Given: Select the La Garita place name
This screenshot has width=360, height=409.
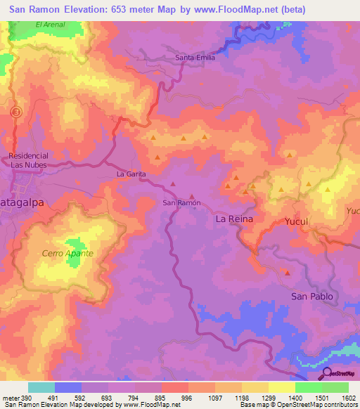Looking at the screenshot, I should point(131,172).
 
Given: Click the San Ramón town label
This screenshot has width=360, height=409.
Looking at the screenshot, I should point(182,202).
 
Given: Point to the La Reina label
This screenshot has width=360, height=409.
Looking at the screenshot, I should point(233,219).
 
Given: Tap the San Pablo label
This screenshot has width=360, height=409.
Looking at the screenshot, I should point(312,297).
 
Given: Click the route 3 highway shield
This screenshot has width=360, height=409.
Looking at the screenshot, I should point(18,110).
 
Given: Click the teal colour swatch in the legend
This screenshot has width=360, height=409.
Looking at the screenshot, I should point(41,387).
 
